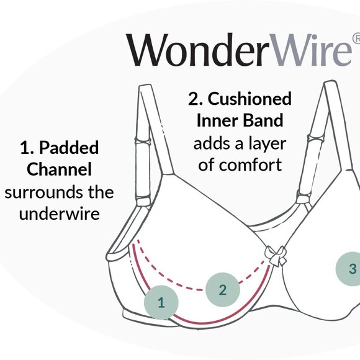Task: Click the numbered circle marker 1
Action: [161, 303]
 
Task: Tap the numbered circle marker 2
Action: [223, 289]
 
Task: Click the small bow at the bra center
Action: [274, 255]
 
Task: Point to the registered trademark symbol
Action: [356, 38]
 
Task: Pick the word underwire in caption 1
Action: [59, 214]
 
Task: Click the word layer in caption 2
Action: [265, 143]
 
